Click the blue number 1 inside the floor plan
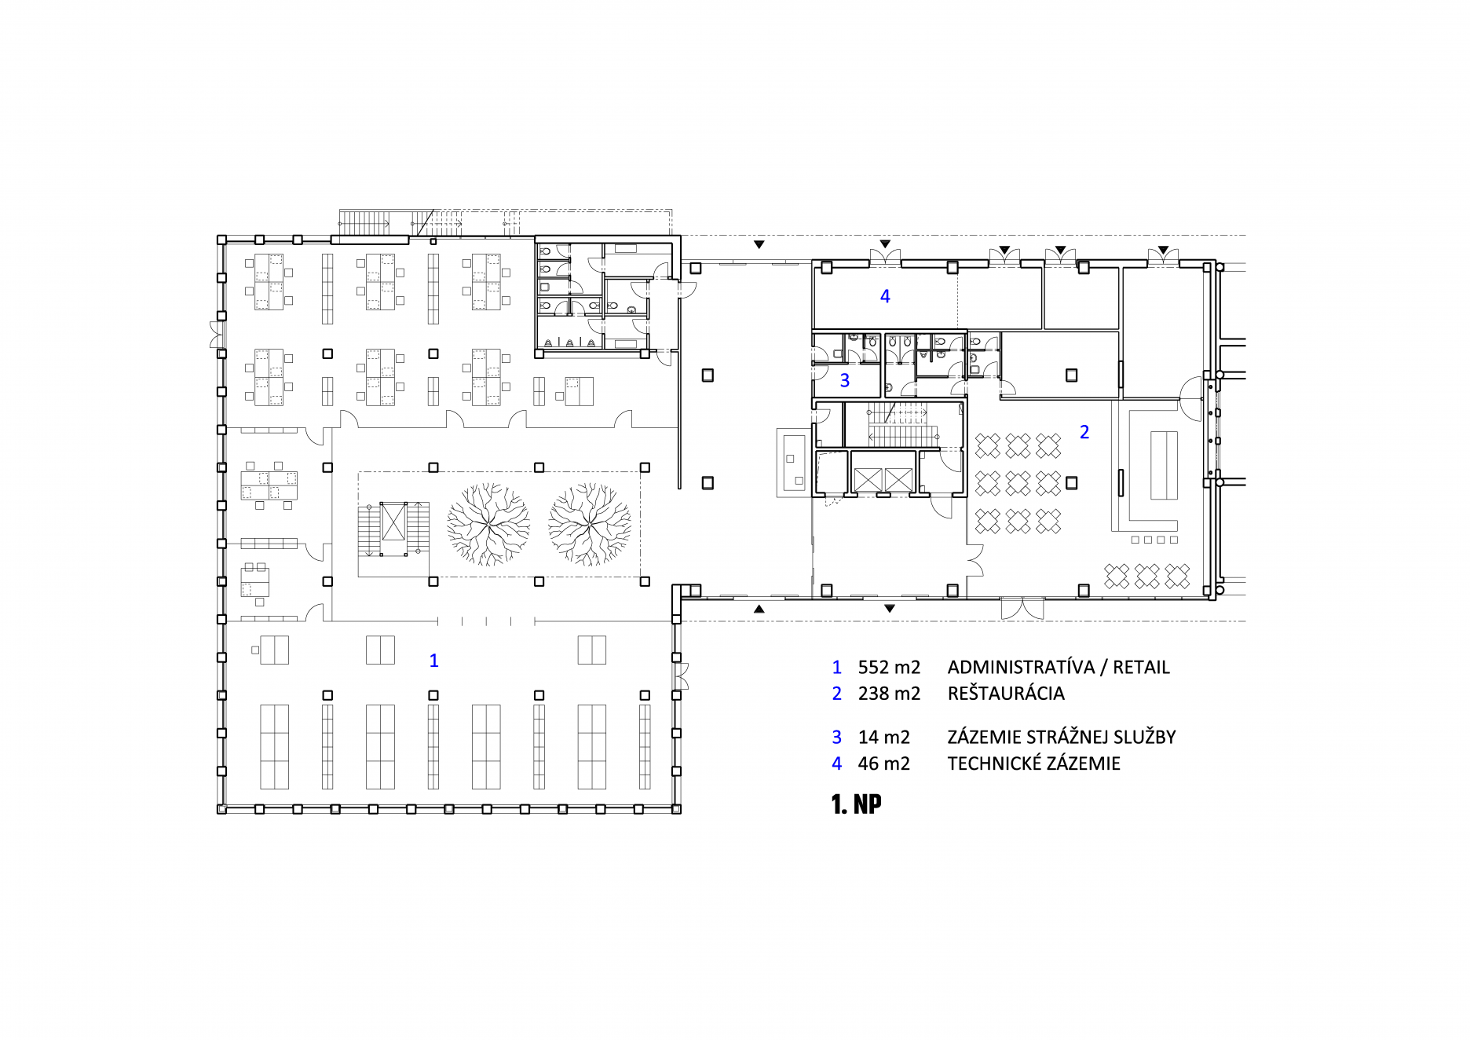coord(433,661)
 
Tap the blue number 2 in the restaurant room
coord(1084,432)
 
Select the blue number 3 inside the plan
coord(845,381)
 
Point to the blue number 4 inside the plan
coord(885,296)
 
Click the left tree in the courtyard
coord(488,524)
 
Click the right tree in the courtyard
coord(590,524)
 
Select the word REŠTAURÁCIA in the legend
coord(1006,694)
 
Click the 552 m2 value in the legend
coord(889,668)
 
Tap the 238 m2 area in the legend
coord(889,694)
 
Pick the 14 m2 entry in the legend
coord(883,738)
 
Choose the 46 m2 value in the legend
coord(883,764)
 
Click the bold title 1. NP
coord(856,804)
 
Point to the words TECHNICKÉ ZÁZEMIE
coord(1033,764)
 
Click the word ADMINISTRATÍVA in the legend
coord(1021,668)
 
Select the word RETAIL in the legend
coord(1141,668)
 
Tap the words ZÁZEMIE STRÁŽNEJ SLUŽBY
coord(1062,738)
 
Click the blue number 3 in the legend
coord(837,738)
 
